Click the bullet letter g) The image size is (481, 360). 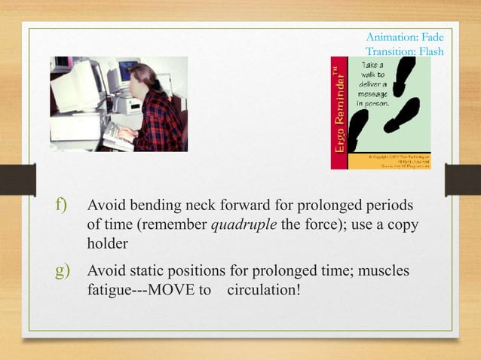click(60, 268)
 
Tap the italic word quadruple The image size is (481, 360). click(245, 226)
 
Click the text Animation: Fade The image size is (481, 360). click(404, 37)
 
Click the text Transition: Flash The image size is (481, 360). click(403, 51)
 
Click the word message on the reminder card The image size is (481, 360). click(374, 94)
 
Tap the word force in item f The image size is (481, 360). click(337, 226)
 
